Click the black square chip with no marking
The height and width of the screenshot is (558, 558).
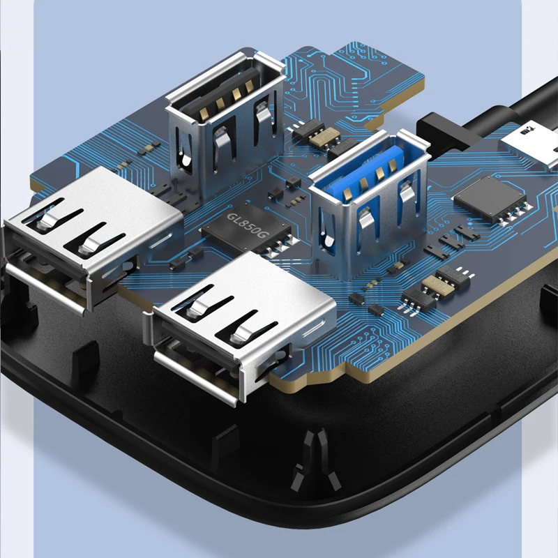pyautogui.click(x=490, y=197)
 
